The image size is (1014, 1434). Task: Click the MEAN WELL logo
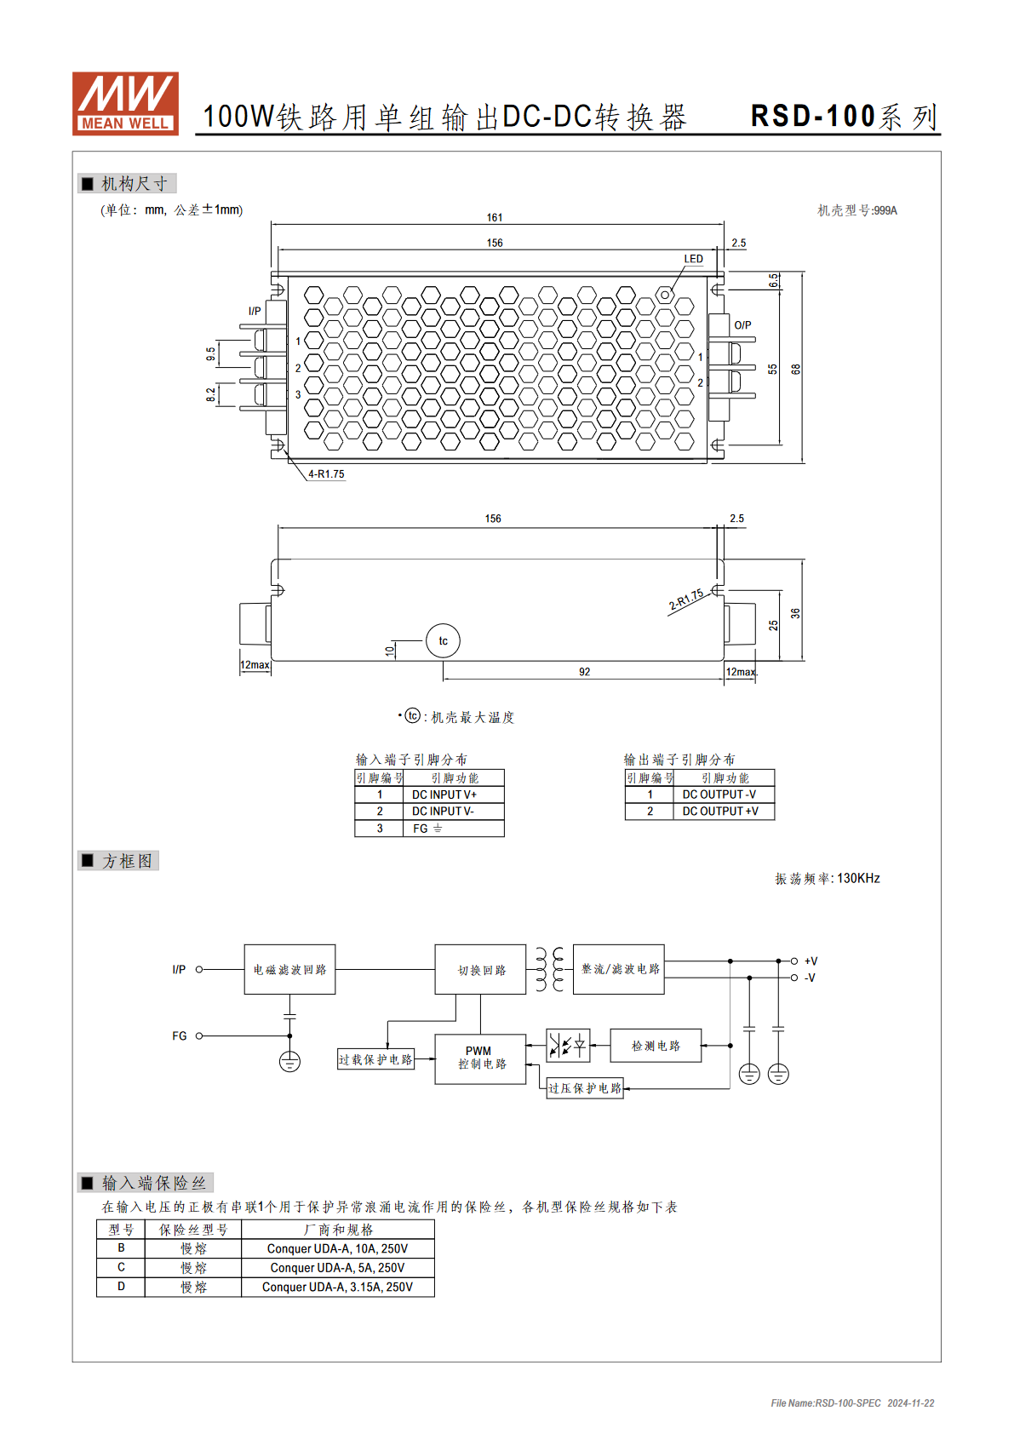pos(125,103)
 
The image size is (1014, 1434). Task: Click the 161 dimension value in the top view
pos(494,218)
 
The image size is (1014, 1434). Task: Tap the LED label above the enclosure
pos(693,259)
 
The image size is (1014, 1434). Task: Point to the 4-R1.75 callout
pos(326,473)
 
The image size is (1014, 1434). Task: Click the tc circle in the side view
pos(443,640)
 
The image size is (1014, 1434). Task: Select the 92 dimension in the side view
pos(584,672)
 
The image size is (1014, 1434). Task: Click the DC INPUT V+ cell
pos(454,794)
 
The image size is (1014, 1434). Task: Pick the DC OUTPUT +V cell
pos(724,812)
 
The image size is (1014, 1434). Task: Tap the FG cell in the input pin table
pos(454,829)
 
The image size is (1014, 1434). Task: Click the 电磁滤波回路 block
pos(290,969)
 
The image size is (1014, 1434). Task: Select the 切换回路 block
pos(481,969)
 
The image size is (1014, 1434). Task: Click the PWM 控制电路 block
pos(481,1058)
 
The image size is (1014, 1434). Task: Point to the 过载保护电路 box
pos(375,1059)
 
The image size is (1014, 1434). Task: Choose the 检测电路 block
pos(656,1046)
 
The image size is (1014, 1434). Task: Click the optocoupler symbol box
pos(568,1046)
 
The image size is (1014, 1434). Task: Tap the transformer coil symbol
pos(550,969)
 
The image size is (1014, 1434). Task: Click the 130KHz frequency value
pos(858,878)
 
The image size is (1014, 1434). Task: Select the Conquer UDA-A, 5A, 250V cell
pos(338,1268)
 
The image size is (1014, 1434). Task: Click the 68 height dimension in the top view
pos(796,370)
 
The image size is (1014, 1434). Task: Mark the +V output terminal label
pos(811,961)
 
